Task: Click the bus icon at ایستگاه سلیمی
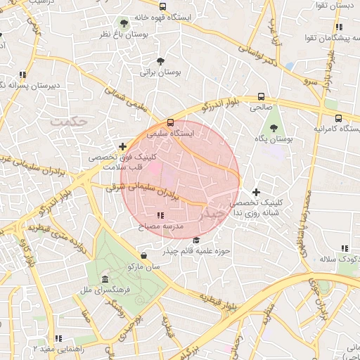tap(171, 122)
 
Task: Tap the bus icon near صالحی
tap(261, 97)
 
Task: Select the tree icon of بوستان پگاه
tap(274, 128)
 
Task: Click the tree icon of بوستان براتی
tap(161, 61)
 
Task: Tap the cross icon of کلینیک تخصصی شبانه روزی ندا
tap(256, 192)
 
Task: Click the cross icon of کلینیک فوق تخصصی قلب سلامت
tap(123, 147)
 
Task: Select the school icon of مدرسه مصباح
tap(161, 215)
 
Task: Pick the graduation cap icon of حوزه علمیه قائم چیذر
tap(195, 241)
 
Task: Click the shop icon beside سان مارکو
tap(144, 256)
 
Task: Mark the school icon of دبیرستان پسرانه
tap(22, 74)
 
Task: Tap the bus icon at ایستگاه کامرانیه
tap(339, 118)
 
